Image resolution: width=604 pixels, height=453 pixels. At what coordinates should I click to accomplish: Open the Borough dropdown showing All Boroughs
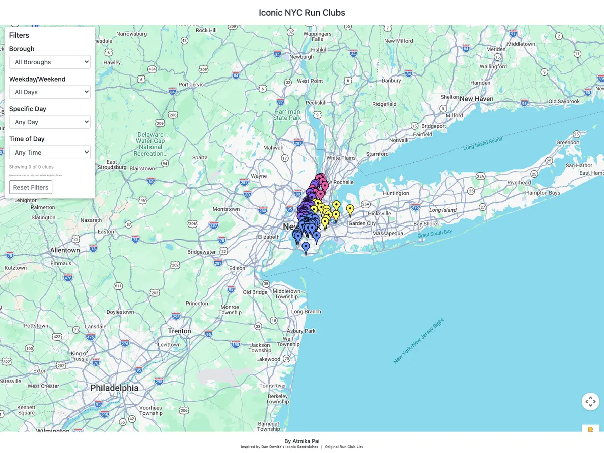[49, 62]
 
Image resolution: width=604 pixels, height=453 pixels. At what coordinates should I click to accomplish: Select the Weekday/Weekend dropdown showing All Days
[49, 92]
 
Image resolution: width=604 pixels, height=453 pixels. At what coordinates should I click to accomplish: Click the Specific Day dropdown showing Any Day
[49, 122]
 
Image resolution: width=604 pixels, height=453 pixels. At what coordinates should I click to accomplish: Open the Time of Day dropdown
[49, 152]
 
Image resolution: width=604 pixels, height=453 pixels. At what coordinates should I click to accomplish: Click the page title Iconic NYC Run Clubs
[302, 13]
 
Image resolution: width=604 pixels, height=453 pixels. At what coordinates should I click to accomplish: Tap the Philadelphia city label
[114, 388]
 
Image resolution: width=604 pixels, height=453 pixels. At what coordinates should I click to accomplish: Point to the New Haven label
[476, 99]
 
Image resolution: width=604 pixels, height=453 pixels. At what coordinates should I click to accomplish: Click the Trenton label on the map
[180, 331]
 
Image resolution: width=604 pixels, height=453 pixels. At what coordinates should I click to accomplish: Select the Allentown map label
[65, 250]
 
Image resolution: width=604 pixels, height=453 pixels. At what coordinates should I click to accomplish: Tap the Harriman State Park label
[287, 115]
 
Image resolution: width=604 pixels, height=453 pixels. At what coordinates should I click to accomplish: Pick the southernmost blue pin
[306, 247]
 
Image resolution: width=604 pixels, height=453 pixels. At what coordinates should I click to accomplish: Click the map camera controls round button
[590, 401]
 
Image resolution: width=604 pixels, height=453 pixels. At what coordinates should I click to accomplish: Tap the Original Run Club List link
[344, 447]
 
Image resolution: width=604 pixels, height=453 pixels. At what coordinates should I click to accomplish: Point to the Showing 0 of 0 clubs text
[31, 167]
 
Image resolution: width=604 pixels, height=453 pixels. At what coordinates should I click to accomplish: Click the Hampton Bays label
[543, 193]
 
